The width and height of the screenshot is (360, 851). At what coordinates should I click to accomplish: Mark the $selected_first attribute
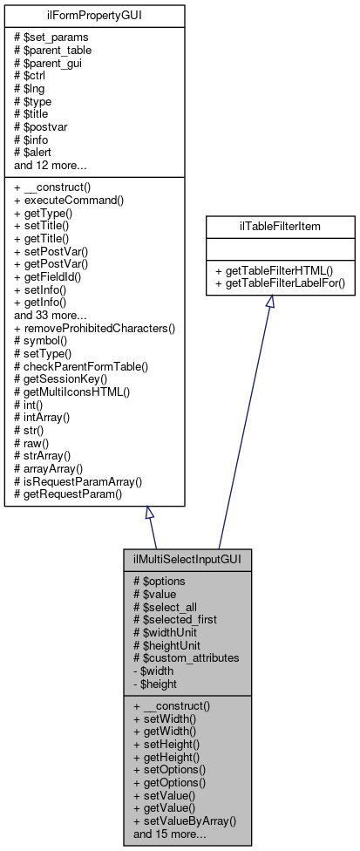tap(175, 618)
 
